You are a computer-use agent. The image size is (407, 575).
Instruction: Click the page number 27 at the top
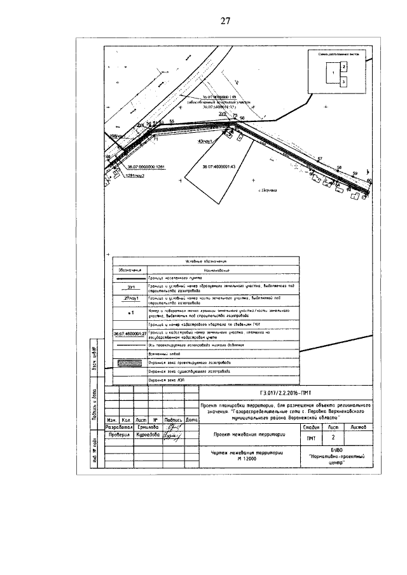tap(224, 21)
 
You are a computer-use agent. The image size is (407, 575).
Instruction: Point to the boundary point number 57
tap(319, 159)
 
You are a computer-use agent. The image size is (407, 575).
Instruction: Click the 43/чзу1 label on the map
tap(205, 141)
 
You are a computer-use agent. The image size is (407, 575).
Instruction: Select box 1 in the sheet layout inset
tap(330, 74)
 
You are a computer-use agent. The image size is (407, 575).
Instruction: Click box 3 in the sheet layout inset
tap(343, 82)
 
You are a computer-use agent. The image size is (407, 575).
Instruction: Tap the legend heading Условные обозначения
tap(205, 261)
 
